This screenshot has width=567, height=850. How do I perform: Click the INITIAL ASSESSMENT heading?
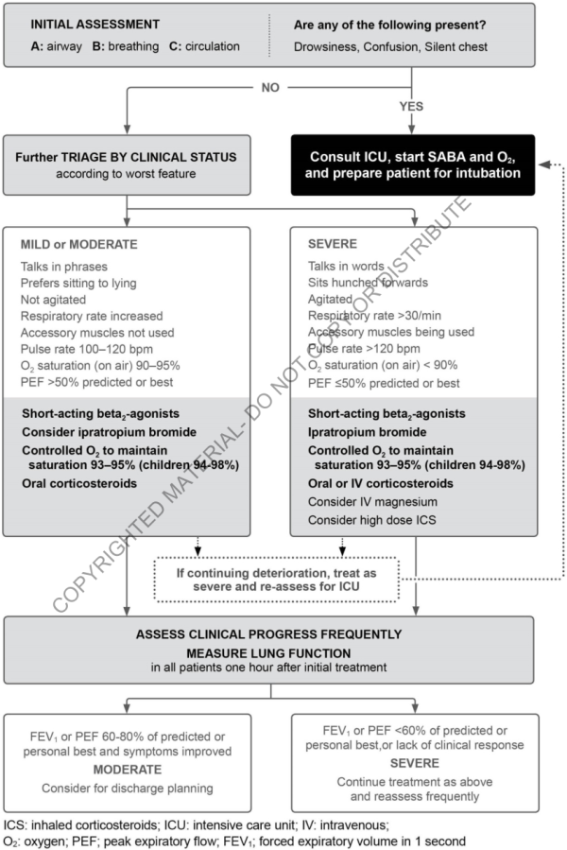[82, 24]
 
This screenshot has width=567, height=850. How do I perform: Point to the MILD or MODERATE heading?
[78, 244]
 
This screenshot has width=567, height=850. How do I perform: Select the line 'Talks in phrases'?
[63, 267]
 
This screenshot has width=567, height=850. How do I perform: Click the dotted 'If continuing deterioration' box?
[277, 579]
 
